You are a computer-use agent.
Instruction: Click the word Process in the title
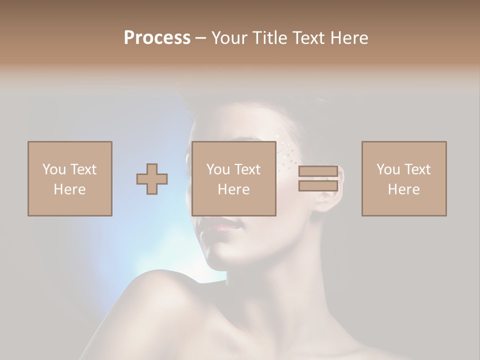(157, 38)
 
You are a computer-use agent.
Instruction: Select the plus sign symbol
(152, 178)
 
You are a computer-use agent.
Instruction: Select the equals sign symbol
(318, 178)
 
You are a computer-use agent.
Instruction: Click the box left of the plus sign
(70, 178)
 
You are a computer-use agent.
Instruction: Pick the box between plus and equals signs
(234, 178)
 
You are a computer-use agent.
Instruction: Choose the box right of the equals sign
(404, 178)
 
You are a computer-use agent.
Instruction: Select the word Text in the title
(307, 38)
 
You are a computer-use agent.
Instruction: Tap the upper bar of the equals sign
(318, 171)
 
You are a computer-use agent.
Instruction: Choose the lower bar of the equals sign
(318, 186)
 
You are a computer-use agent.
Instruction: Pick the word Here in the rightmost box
(404, 189)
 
